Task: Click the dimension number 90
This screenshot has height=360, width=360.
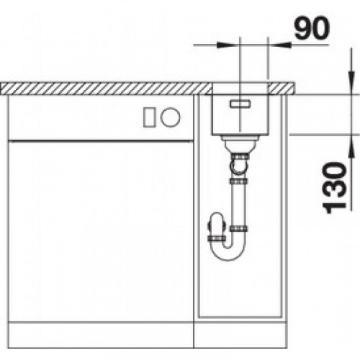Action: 312,28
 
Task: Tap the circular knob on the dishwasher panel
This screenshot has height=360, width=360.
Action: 171,117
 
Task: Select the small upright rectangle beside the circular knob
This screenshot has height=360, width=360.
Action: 150,117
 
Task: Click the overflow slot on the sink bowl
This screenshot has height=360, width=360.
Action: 240,104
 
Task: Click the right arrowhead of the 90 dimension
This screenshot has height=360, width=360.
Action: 279,45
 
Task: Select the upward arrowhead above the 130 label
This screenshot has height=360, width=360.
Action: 351,146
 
